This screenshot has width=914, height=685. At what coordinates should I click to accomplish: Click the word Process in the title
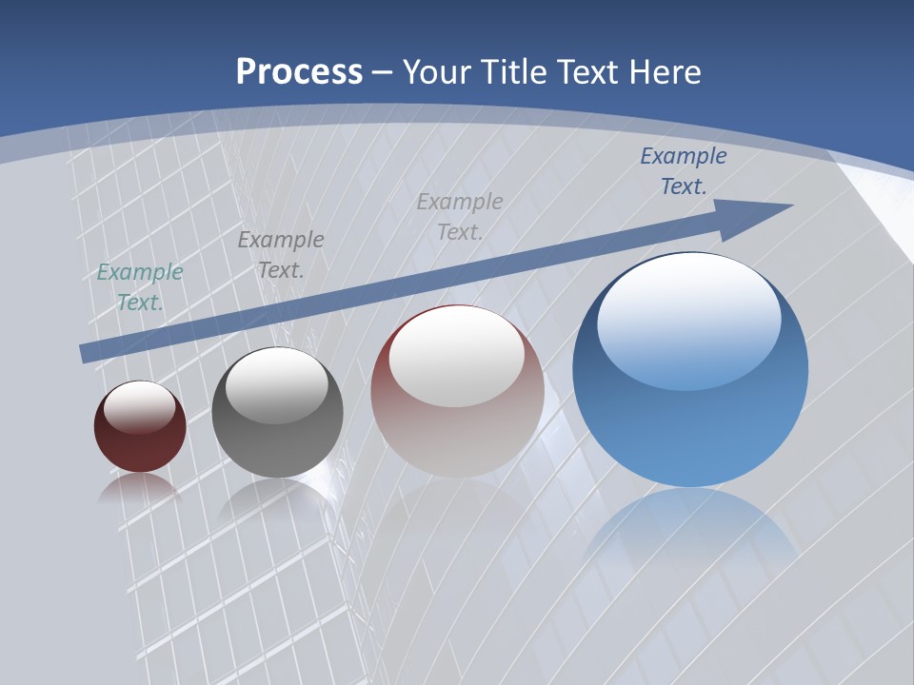299,71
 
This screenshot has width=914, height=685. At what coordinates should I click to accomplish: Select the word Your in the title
437,71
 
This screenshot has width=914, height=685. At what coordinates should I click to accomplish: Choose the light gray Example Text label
460,216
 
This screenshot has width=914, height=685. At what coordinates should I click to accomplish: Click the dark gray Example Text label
281,254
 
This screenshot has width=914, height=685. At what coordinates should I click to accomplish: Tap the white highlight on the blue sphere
688,319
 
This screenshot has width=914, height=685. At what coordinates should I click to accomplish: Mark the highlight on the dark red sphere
140,407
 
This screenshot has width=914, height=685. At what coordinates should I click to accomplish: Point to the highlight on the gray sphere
276,384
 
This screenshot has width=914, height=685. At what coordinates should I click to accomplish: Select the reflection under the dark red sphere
139,486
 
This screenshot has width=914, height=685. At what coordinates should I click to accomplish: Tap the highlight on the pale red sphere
456,357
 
